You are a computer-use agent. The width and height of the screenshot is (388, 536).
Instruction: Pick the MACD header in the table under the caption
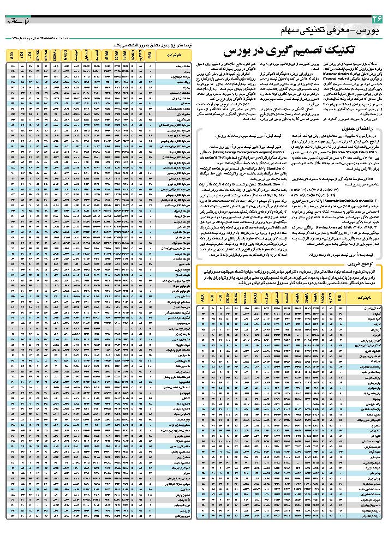tap(65, 55)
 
